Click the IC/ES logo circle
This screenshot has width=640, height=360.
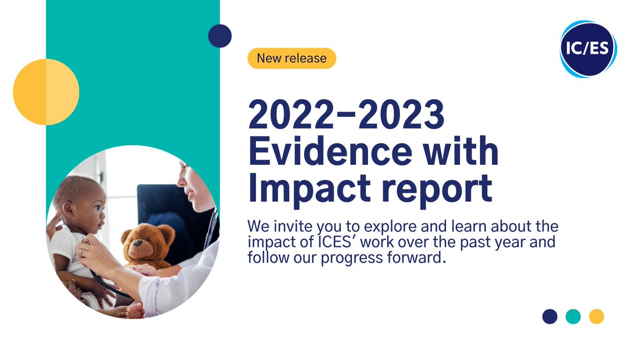[x=588, y=49]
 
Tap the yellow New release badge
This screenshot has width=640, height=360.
[x=292, y=58]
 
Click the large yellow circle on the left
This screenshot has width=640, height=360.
[x=46, y=92]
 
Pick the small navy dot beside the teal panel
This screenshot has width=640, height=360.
[x=220, y=36]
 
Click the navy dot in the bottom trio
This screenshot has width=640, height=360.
[x=550, y=316]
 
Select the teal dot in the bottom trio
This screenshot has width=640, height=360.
[x=573, y=316]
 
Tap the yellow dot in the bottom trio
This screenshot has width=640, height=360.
[x=596, y=316]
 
